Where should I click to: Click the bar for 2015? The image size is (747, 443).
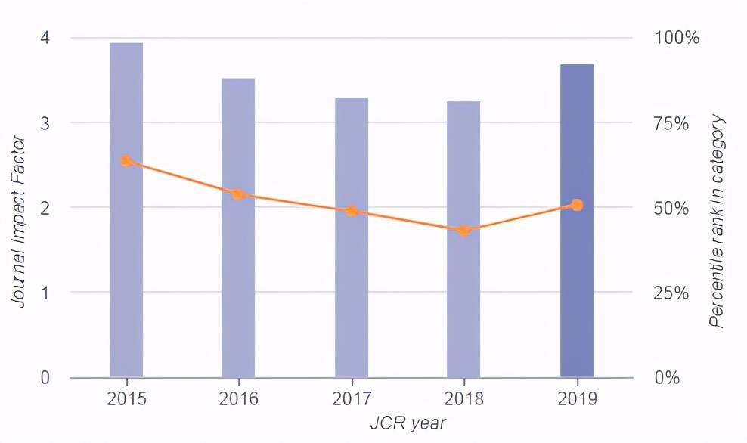(x=126, y=265)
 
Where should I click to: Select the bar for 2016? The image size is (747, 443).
(x=238, y=280)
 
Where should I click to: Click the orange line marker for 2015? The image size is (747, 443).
(x=126, y=160)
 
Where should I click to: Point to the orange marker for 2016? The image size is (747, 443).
(x=238, y=194)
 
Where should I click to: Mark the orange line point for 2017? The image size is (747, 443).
(x=352, y=211)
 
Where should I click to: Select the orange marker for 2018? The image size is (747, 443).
(x=464, y=231)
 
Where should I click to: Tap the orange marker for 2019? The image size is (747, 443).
(x=577, y=205)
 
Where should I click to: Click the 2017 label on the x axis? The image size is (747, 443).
(x=352, y=398)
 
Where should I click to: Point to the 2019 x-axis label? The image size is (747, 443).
(x=577, y=398)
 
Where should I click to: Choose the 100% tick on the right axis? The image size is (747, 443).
(x=676, y=38)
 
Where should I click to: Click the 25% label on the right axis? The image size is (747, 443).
(x=672, y=293)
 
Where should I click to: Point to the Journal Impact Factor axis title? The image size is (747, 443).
(x=20, y=221)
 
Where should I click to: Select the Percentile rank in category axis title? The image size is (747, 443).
(x=717, y=221)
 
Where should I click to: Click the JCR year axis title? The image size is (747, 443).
(x=408, y=423)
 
